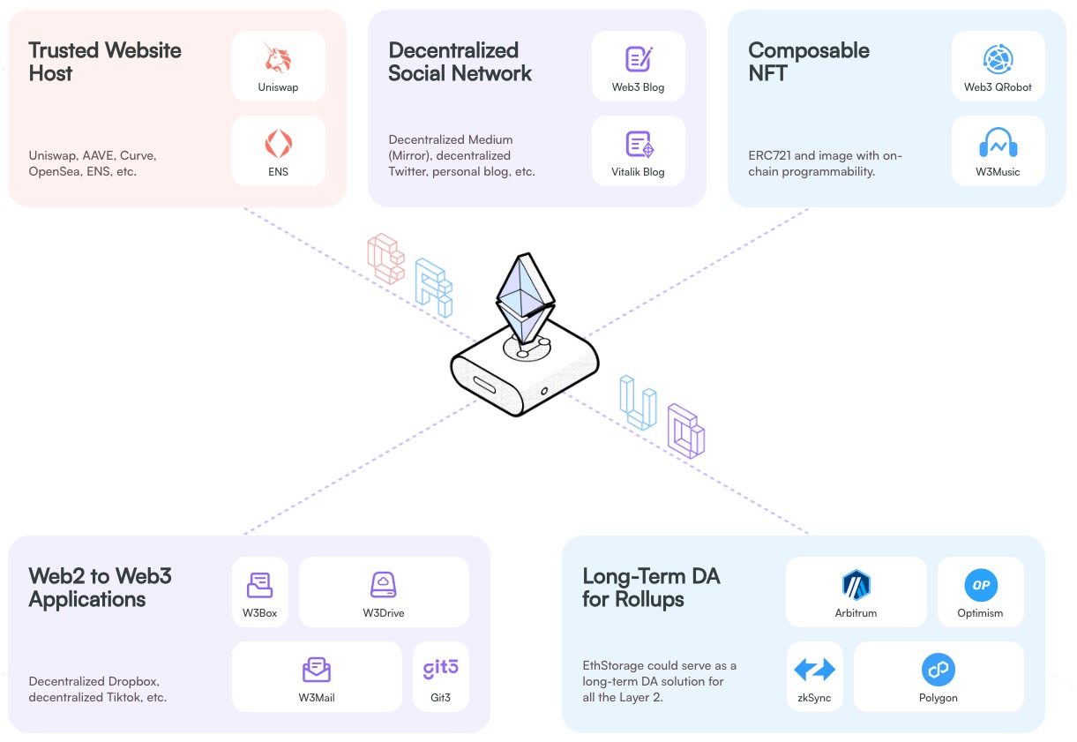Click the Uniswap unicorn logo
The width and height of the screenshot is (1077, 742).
click(279, 57)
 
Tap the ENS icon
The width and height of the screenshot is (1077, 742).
click(279, 143)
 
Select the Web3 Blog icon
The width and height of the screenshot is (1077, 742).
click(638, 58)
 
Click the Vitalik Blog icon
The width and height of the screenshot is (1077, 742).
click(639, 144)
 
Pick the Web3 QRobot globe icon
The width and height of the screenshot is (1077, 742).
click(998, 58)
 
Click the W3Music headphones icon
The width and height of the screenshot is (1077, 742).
click(998, 143)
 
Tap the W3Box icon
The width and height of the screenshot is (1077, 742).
click(259, 584)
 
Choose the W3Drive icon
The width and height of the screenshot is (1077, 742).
click(384, 584)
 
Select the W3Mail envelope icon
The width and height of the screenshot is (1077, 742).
click(316, 670)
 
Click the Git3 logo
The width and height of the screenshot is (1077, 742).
click(440, 669)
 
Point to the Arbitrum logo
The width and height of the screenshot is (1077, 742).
click(856, 584)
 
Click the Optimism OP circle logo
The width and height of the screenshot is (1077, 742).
click(980, 584)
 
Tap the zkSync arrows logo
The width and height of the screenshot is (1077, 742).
click(814, 670)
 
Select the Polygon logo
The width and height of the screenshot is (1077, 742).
click(938, 670)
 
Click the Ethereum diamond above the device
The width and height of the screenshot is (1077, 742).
click(526, 296)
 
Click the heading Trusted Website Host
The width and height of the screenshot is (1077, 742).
click(105, 62)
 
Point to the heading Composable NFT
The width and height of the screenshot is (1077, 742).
click(808, 62)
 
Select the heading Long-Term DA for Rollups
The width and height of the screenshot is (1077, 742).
click(651, 588)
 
